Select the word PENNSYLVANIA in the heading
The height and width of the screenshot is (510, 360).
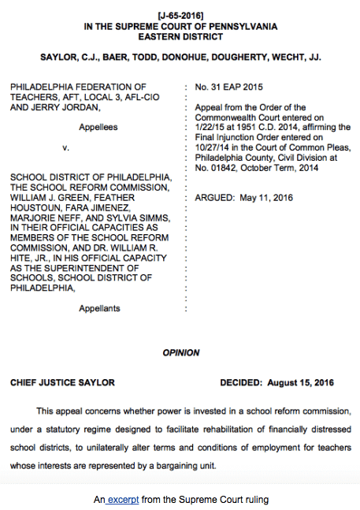tap(240, 26)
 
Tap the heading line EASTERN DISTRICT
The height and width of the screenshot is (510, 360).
tap(180, 36)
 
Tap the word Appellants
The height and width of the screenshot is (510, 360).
tap(99, 308)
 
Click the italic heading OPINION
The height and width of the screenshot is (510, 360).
tap(180, 352)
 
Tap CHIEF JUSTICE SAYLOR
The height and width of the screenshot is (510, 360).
tap(62, 382)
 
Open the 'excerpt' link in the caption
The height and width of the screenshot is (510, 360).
tap(129, 498)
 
